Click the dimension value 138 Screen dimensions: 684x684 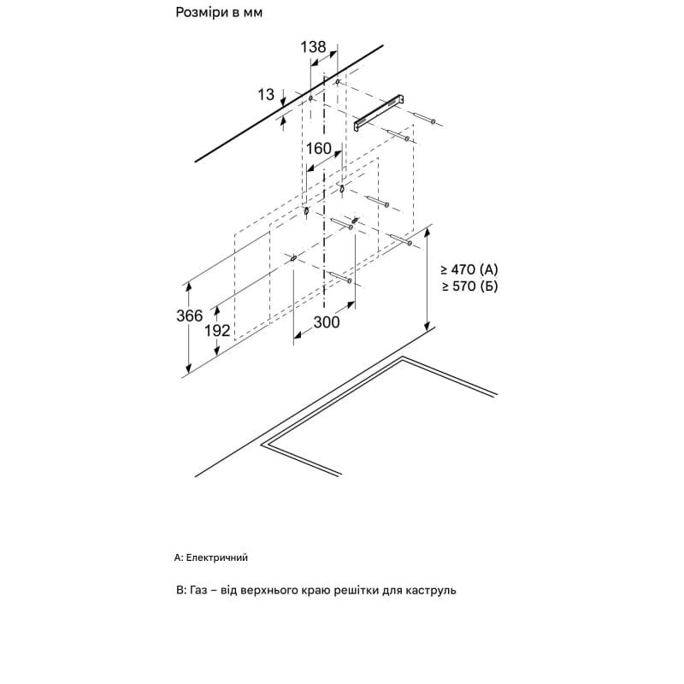click(x=313, y=47)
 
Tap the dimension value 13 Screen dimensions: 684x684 click(x=266, y=94)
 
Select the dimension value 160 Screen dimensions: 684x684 click(x=318, y=149)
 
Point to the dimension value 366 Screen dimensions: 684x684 click(x=190, y=315)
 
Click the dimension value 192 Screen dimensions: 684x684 click(x=217, y=331)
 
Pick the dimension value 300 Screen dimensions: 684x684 click(x=327, y=322)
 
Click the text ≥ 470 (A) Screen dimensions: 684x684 click(x=469, y=269)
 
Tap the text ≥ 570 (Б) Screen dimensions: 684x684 click(x=469, y=286)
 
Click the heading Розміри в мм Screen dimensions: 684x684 click(x=219, y=13)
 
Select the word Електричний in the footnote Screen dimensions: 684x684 click(x=217, y=557)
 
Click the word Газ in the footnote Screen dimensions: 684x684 click(x=198, y=590)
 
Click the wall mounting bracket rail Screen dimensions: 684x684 click(x=379, y=112)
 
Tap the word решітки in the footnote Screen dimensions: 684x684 click(x=357, y=591)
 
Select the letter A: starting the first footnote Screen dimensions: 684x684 click(x=179, y=557)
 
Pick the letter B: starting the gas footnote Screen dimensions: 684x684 click(x=181, y=590)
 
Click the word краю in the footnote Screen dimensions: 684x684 click(x=316, y=591)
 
